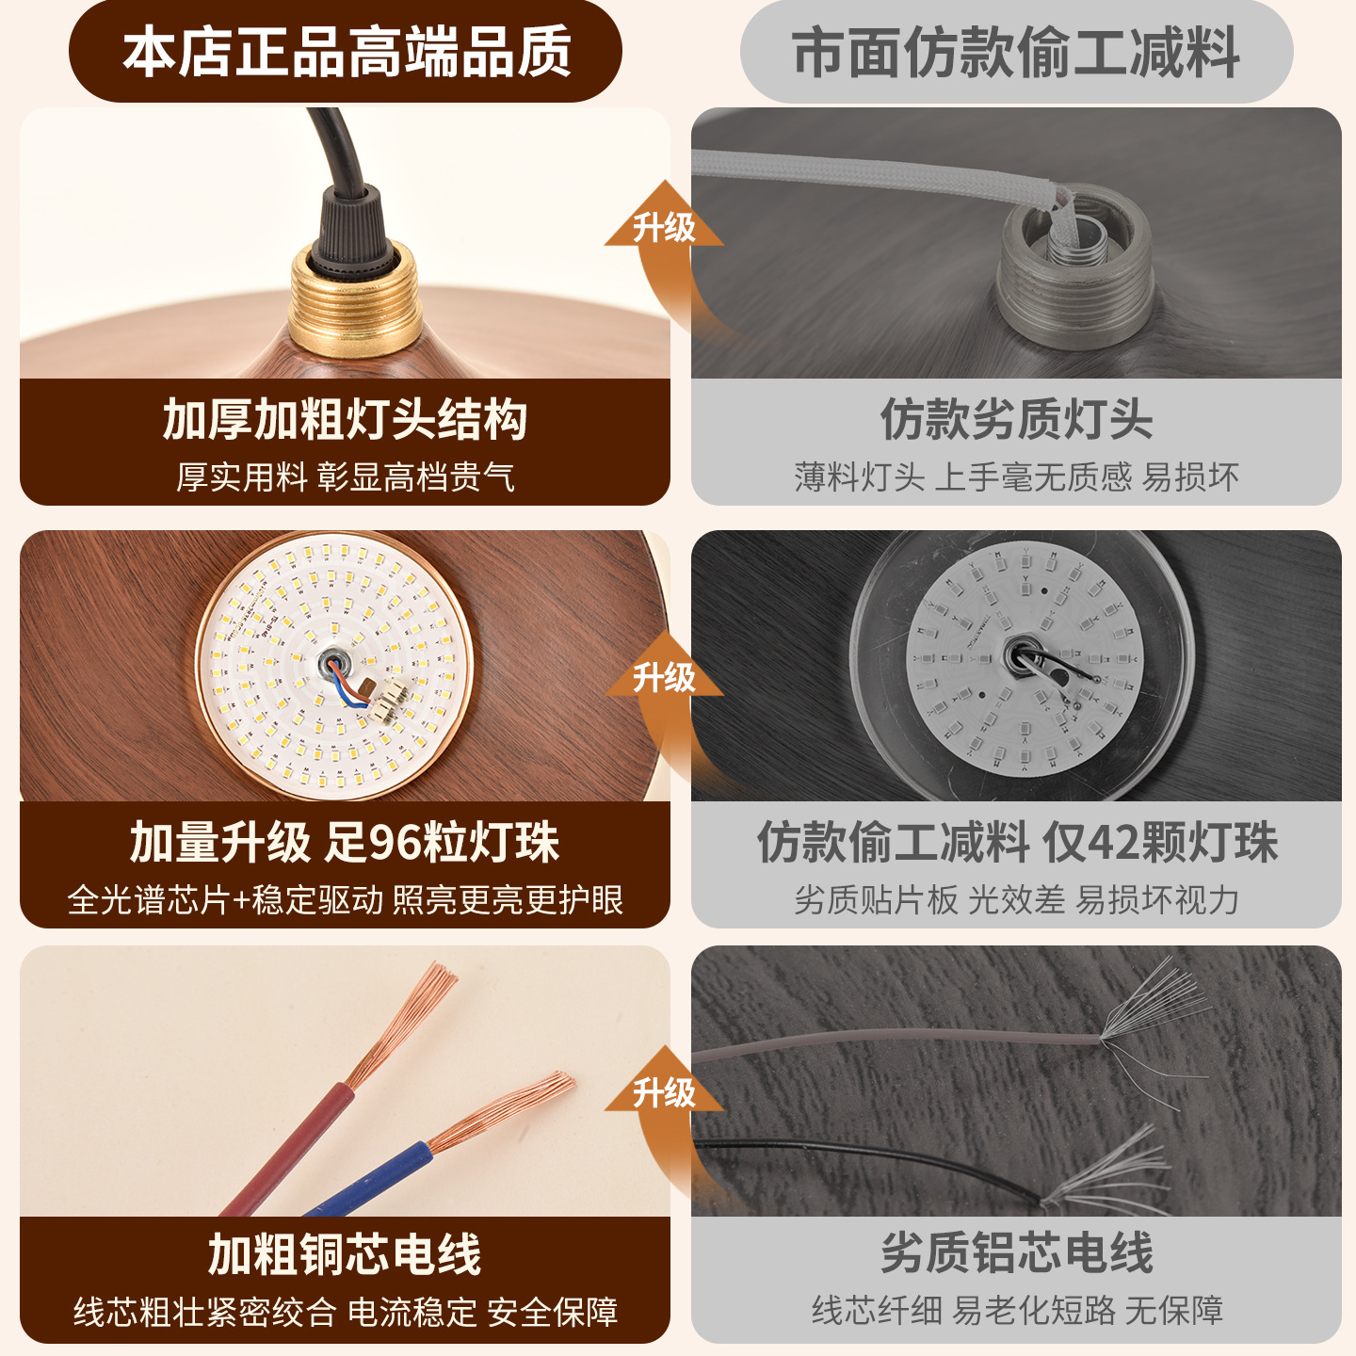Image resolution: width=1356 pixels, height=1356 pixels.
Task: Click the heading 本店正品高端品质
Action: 347,52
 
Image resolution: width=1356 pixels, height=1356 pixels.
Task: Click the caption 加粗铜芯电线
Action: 345,1254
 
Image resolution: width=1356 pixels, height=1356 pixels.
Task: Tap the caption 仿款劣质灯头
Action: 1016,419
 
